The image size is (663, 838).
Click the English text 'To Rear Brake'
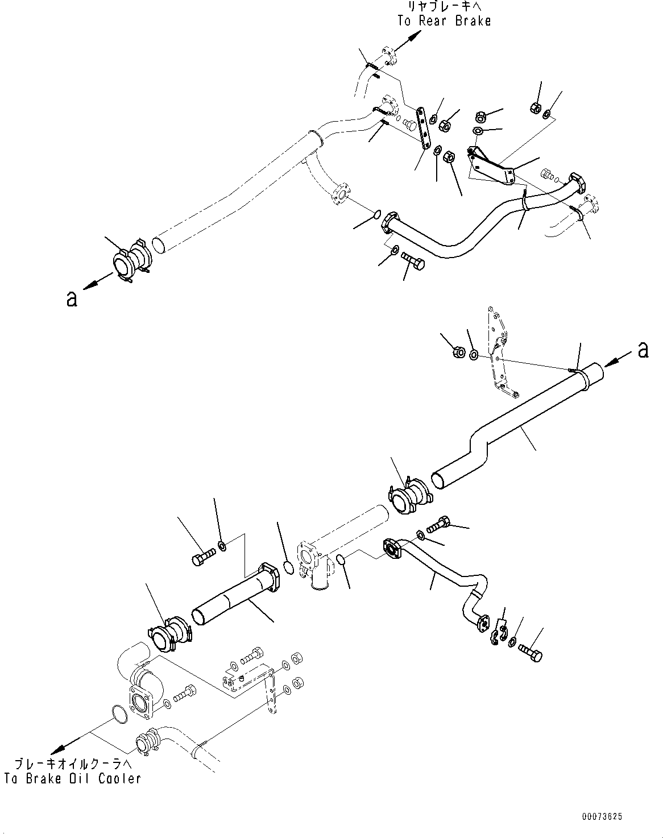coord(444,21)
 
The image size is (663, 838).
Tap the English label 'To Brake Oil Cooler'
coord(72,778)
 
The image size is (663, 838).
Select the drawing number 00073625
coord(602,816)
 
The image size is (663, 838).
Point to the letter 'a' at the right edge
coord(643,350)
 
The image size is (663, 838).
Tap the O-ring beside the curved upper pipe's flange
coord(376,214)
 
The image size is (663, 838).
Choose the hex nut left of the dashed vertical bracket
coord(458,352)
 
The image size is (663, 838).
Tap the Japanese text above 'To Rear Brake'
coord(444,7)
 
